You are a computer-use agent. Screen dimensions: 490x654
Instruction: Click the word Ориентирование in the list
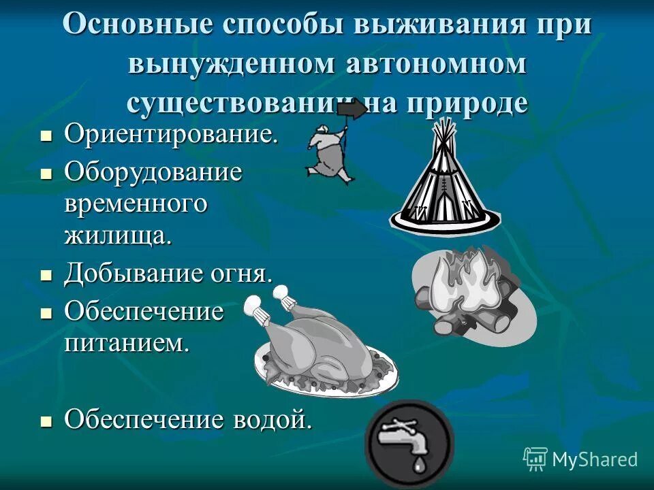click(x=171, y=133)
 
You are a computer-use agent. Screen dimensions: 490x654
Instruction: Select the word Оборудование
click(x=153, y=171)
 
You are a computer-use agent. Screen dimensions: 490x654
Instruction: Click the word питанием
click(x=125, y=342)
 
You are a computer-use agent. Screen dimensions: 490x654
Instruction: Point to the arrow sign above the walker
click(x=352, y=111)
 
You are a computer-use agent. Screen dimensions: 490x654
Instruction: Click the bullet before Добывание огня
click(x=46, y=276)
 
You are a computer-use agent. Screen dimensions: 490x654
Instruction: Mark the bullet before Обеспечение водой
click(x=46, y=421)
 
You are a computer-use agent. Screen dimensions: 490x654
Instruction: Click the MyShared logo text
click(x=594, y=459)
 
